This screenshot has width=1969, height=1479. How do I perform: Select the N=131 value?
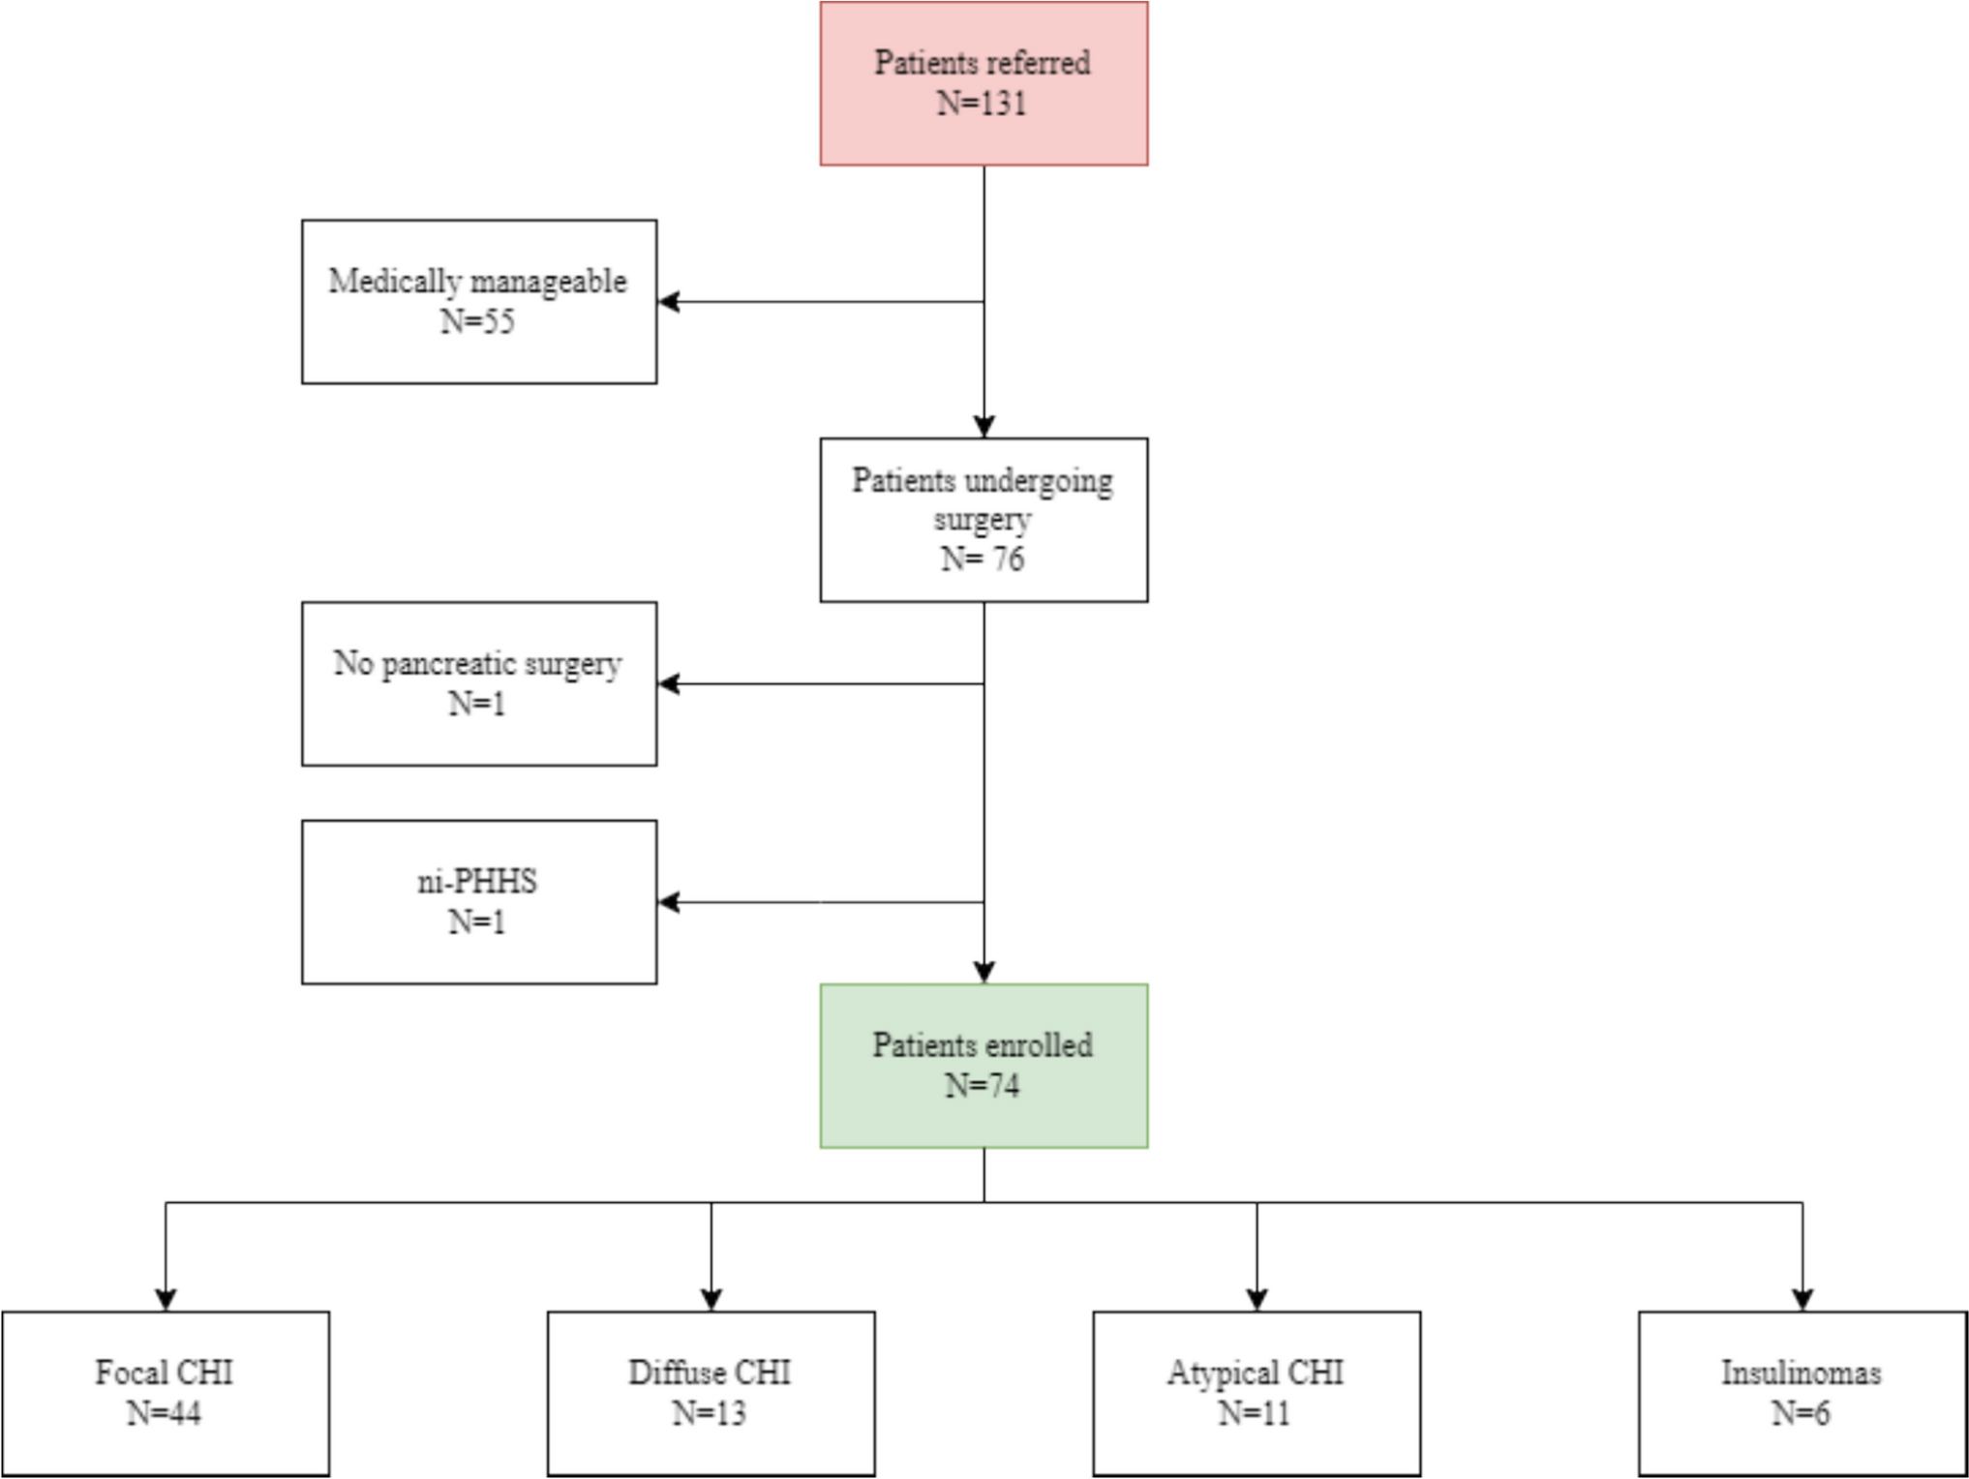(982, 104)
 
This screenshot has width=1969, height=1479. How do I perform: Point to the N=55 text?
(477, 321)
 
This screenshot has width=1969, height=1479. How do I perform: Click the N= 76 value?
(982, 559)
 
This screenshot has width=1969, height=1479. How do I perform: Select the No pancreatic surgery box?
(478, 683)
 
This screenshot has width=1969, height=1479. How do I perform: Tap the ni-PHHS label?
(477, 882)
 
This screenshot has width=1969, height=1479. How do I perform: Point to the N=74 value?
(982, 1086)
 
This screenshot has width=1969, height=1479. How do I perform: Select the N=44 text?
(164, 1414)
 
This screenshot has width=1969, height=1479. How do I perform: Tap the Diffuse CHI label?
(710, 1373)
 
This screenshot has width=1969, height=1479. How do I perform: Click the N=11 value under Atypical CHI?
(1255, 1414)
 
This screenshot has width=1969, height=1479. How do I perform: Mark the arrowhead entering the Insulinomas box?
(1802, 1299)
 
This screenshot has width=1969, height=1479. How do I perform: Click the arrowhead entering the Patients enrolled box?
(984, 972)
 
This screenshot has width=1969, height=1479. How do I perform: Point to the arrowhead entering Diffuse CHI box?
(711, 1299)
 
